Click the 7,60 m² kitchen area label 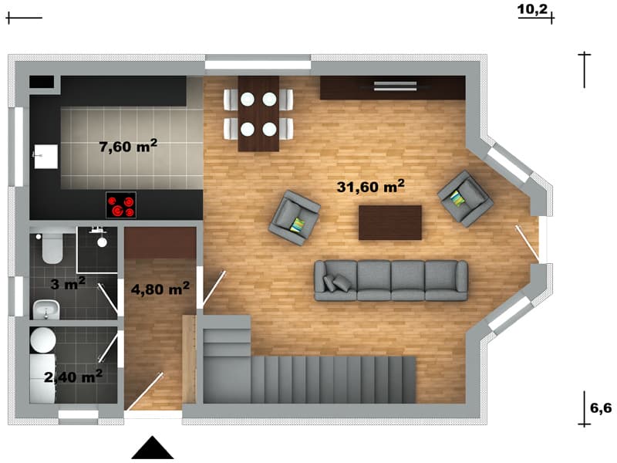[x=128, y=146]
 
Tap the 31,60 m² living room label [x=370, y=186]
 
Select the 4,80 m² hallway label [x=160, y=289]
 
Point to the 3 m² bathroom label [x=68, y=283]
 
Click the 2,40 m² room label [x=73, y=377]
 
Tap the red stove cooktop [x=121, y=205]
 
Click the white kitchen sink [x=46, y=157]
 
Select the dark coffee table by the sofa [x=390, y=222]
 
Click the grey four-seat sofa [x=391, y=281]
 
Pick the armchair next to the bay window [x=465, y=198]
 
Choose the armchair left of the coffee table [x=295, y=218]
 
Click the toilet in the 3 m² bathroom [x=52, y=248]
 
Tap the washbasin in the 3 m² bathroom [x=46, y=309]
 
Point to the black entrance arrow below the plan [x=152, y=448]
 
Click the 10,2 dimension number [x=532, y=8]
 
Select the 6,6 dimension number [x=601, y=408]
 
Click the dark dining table [x=258, y=113]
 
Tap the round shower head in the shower [x=102, y=242]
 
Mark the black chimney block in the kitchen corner [x=42, y=82]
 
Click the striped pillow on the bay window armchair [x=457, y=198]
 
